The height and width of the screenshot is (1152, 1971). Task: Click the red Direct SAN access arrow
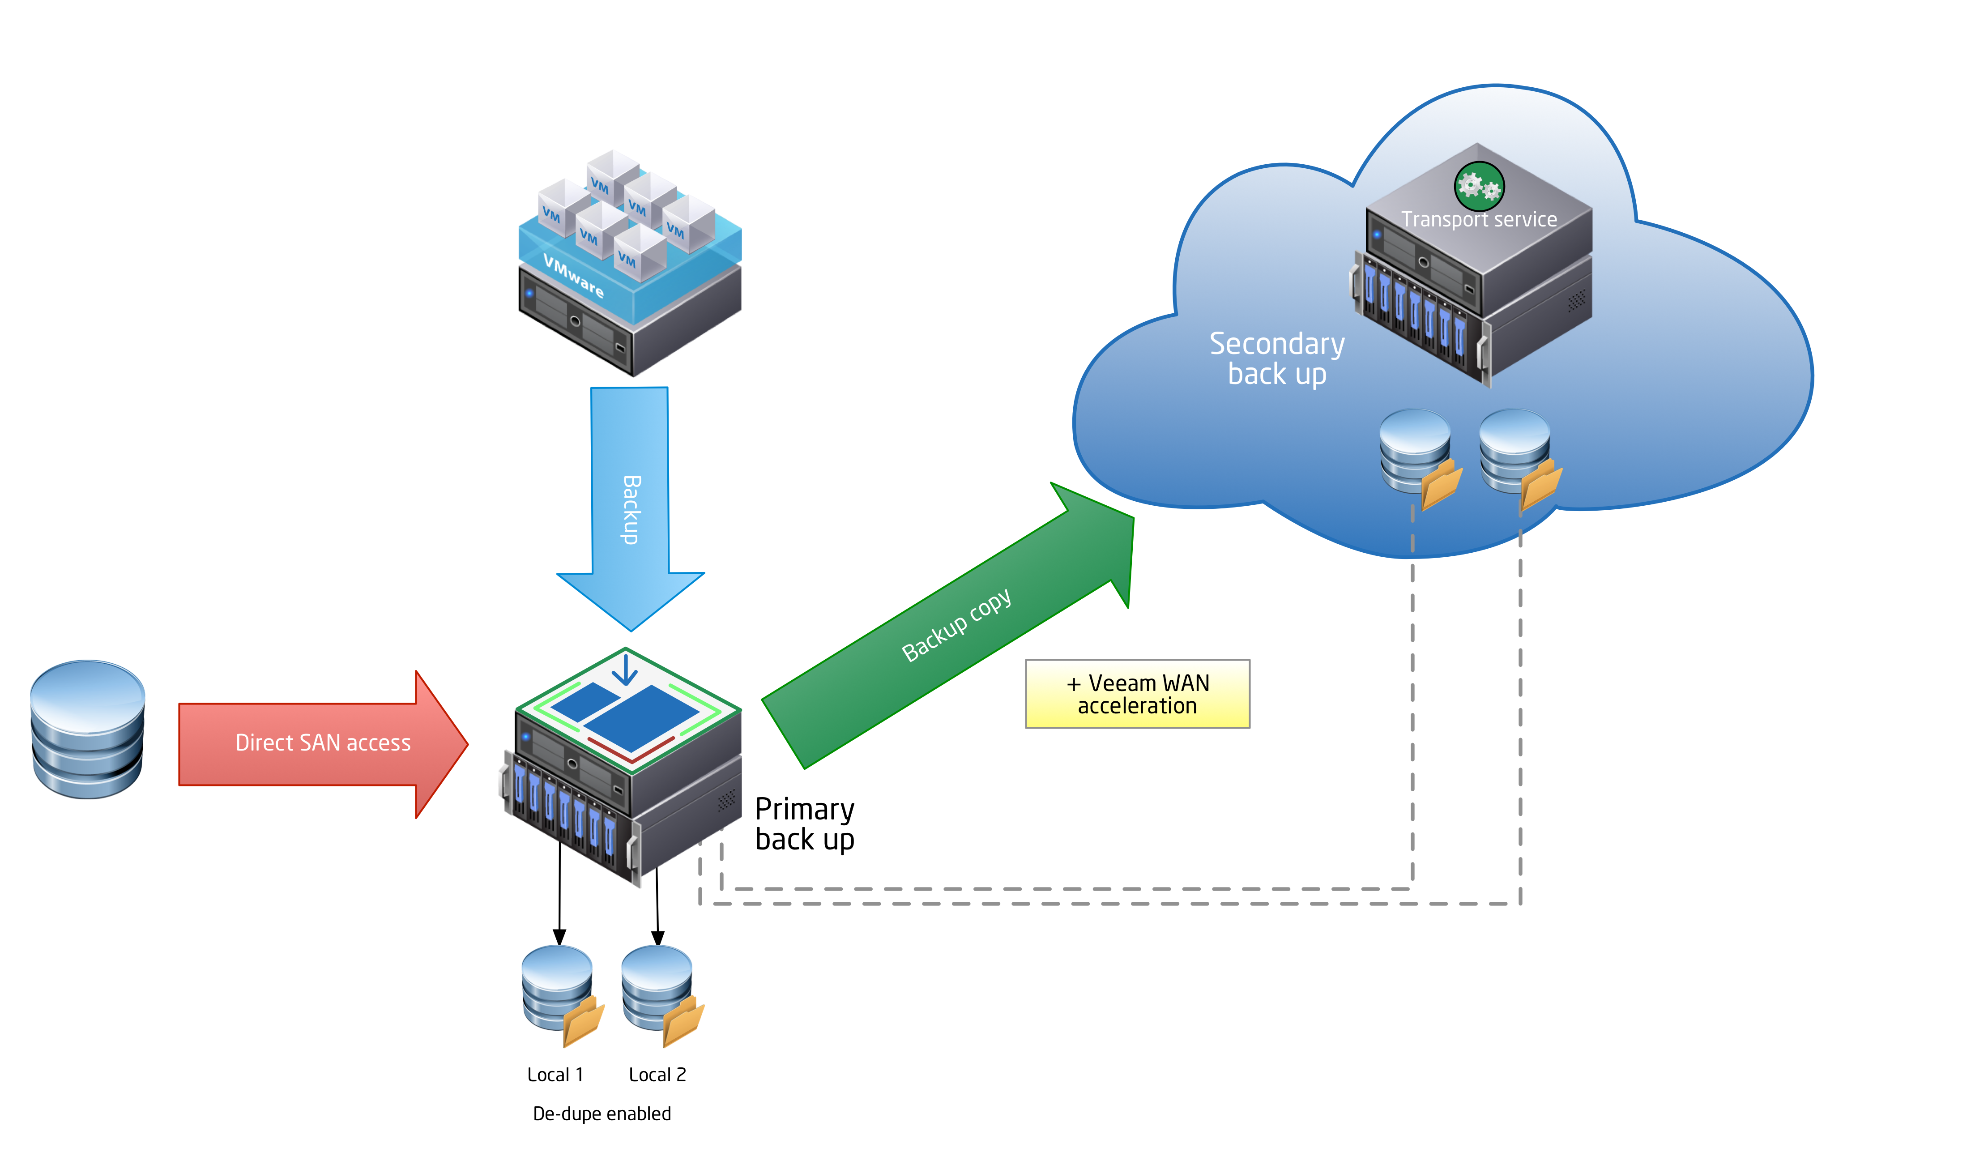(322, 743)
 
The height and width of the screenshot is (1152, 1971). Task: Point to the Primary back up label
(804, 823)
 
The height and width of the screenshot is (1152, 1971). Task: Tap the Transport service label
(1478, 220)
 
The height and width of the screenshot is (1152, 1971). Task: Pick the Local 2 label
(657, 1075)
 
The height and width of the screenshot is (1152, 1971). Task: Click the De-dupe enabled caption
(602, 1114)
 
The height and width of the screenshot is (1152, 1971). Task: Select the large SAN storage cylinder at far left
(88, 729)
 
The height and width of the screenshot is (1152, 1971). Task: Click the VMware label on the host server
(573, 276)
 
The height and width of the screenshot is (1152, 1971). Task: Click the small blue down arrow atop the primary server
(625, 670)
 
